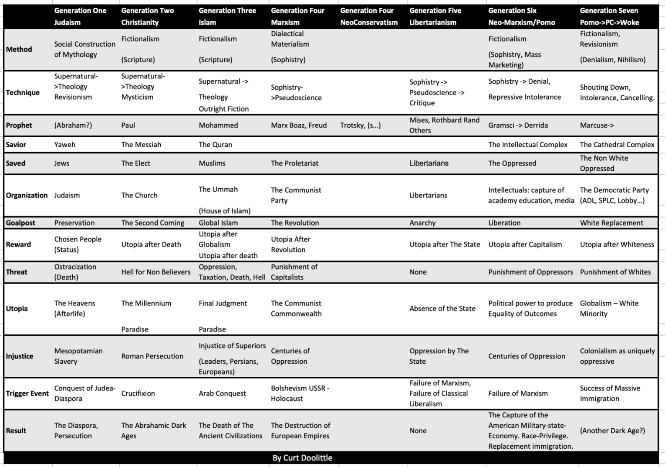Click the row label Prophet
tap(19, 125)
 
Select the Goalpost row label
tap(20, 223)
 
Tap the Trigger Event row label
tap(27, 393)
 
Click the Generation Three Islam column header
tap(227, 17)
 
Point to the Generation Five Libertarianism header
tap(435, 17)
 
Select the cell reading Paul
tap(128, 125)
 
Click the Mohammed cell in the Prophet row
tap(218, 125)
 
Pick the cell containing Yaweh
tap(64, 145)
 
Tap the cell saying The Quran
tap(215, 145)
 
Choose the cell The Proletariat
tap(294, 163)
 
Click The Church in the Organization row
tap(139, 195)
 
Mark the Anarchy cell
tap(422, 223)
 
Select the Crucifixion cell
tap(138, 393)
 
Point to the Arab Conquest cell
tap(222, 393)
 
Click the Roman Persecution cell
tap(152, 356)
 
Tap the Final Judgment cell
tap(223, 303)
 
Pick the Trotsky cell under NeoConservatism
tap(360, 125)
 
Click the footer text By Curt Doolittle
tap(302, 458)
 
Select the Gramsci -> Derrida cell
tap(518, 125)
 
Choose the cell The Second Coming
tap(152, 223)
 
